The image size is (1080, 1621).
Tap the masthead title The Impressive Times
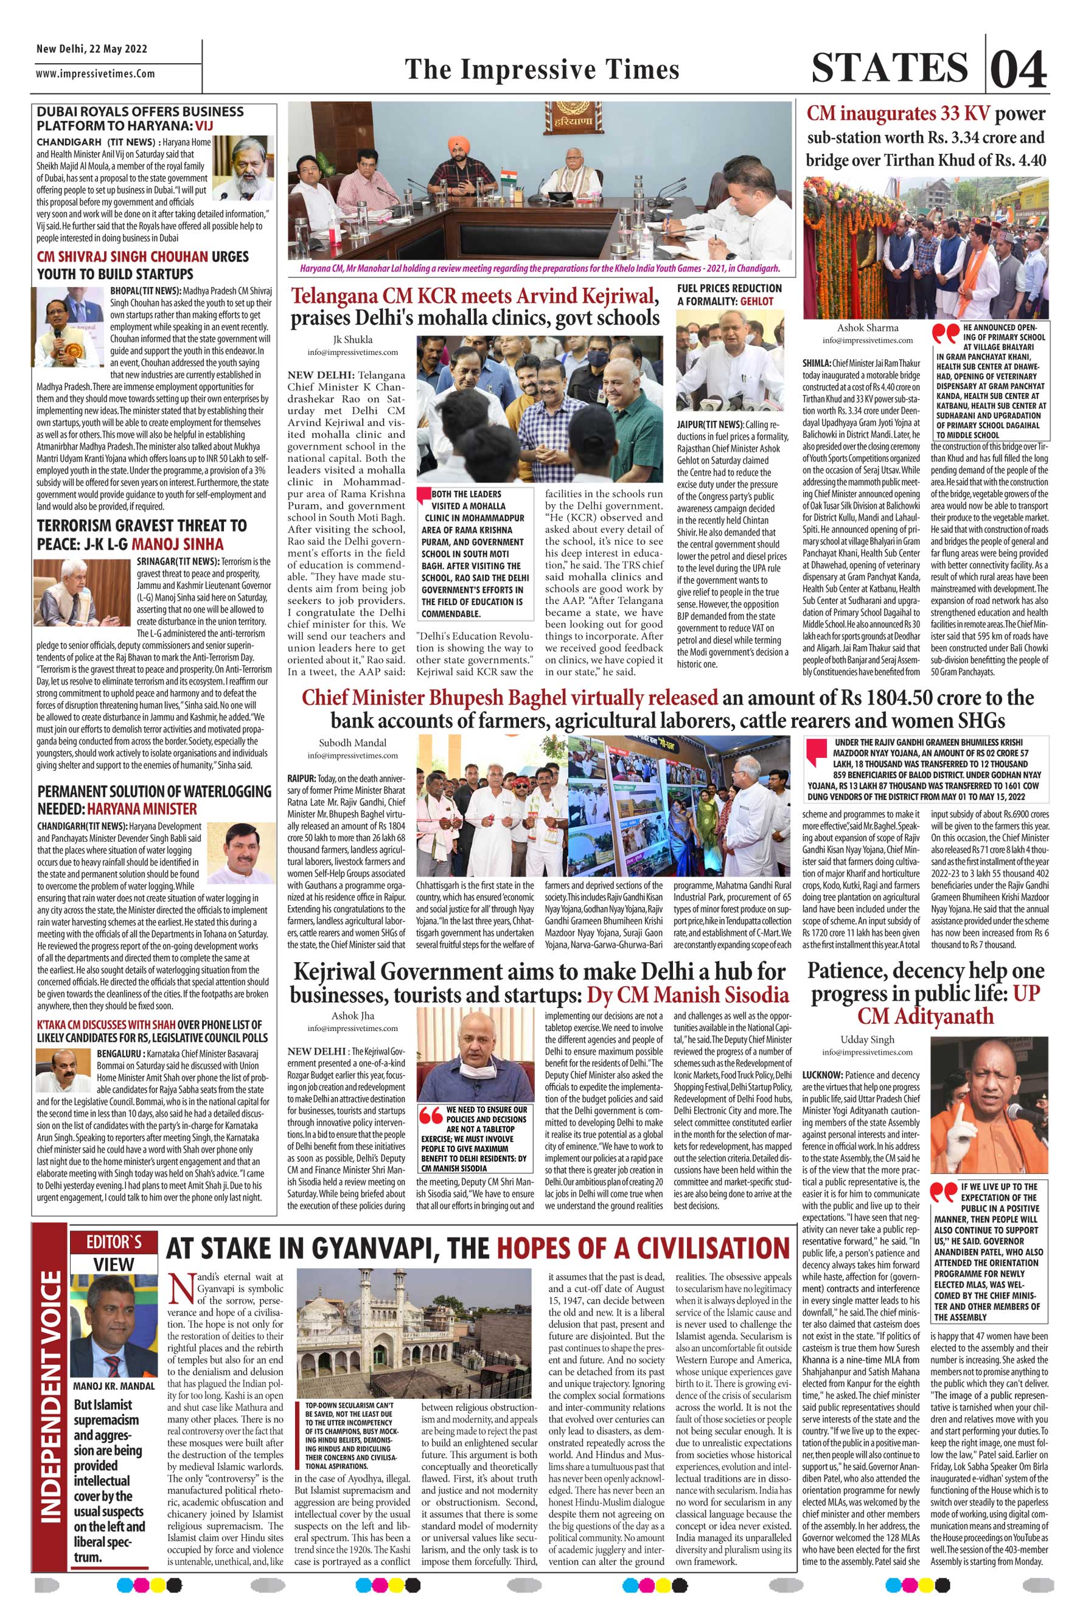[542, 69]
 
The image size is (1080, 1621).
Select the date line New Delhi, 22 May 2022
[92, 49]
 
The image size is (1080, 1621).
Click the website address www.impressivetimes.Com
[96, 74]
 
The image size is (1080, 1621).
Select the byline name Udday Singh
[866, 1040]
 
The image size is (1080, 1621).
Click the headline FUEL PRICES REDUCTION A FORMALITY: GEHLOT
[730, 294]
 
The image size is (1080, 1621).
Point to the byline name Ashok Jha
[353, 1015]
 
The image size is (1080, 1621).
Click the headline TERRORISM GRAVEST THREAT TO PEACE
[142, 533]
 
